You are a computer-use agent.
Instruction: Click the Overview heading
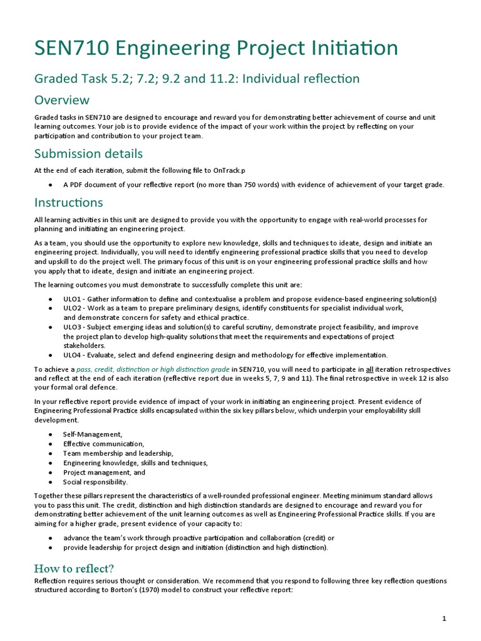(61, 100)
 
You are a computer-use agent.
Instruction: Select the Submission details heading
(88, 153)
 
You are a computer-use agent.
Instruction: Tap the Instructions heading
(68, 202)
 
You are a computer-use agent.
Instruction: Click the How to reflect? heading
(73, 568)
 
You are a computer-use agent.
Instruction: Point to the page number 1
(444, 618)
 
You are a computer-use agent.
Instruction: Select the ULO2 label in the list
(73, 308)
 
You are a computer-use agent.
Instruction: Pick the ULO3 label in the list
(73, 327)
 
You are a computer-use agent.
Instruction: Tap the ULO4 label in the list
(73, 354)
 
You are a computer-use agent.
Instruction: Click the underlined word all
(370, 369)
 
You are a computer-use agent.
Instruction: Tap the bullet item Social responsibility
(95, 482)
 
